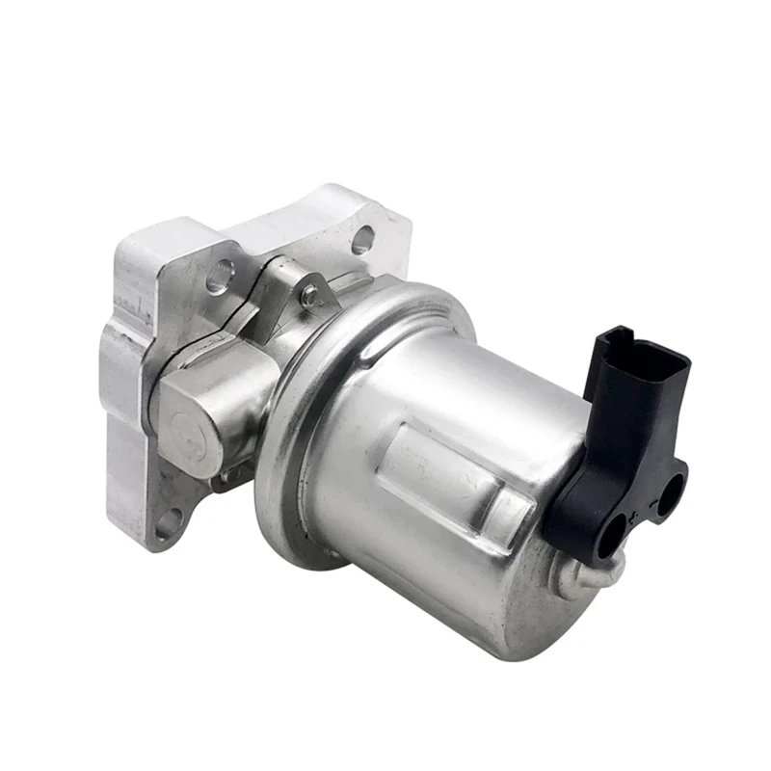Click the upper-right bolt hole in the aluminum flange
point(362,240)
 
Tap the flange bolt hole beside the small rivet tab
point(221,275)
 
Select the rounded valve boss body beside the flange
point(207,405)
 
